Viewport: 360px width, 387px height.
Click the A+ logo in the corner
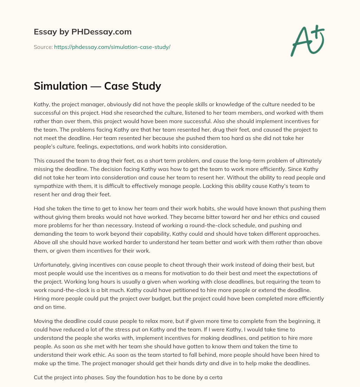point(307,40)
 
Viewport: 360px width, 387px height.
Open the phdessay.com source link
point(112,47)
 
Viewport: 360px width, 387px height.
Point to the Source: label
point(43,47)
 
